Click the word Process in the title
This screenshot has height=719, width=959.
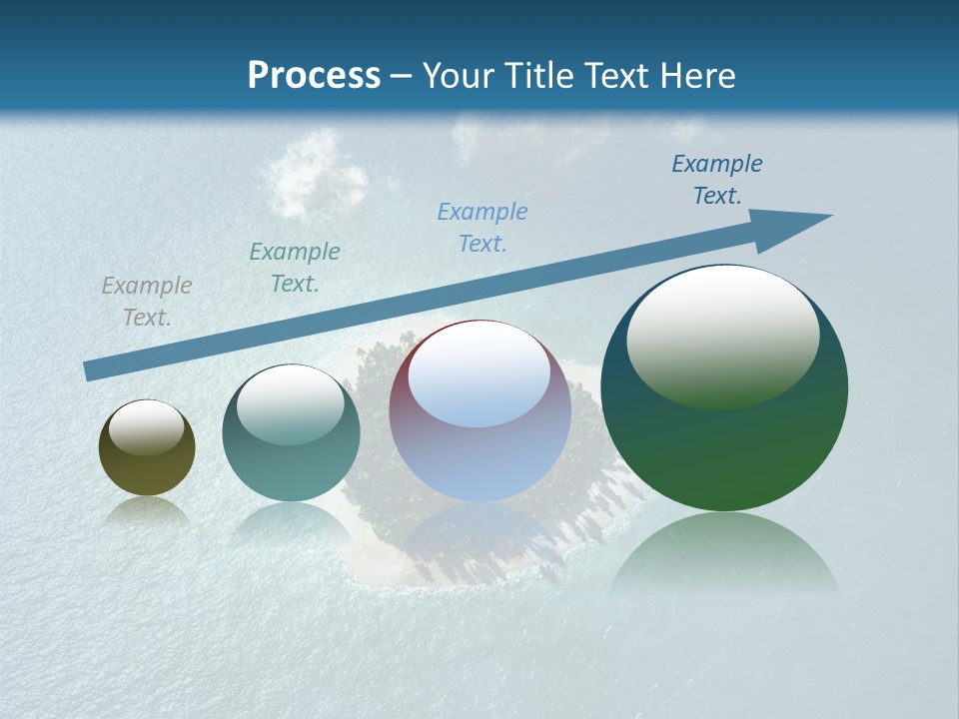314,75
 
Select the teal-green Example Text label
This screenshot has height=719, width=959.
295,268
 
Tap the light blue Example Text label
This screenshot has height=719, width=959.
482,228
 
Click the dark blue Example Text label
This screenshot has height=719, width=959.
717,180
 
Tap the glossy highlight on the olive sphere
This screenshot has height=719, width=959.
147,427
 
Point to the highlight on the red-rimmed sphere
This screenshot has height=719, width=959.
479,374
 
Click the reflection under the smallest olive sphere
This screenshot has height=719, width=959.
147,511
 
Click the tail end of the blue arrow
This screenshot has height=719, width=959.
90,370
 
